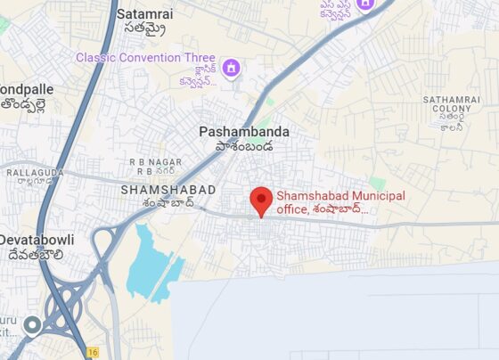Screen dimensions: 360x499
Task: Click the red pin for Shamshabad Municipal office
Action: coord(260,200)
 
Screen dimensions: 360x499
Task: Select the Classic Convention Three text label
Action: coord(145,58)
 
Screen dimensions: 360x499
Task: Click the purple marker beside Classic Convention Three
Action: coord(231,68)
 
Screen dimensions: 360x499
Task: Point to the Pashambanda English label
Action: coord(243,131)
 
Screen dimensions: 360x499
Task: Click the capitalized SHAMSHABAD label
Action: coord(168,190)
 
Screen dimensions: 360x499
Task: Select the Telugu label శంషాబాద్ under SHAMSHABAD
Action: coord(168,203)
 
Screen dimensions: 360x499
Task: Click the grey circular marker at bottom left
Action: coord(33,325)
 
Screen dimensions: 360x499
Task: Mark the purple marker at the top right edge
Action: coord(364,5)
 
